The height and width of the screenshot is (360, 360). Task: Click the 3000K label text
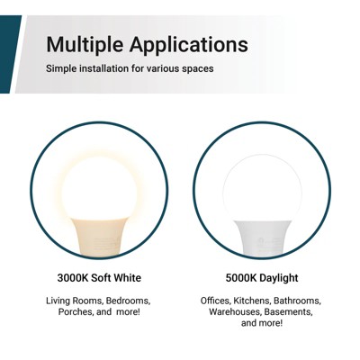(x=76, y=278)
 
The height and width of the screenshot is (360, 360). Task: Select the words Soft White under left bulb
(x=118, y=278)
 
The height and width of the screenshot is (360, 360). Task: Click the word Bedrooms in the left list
(x=129, y=301)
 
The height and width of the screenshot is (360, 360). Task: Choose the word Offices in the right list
(x=216, y=301)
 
